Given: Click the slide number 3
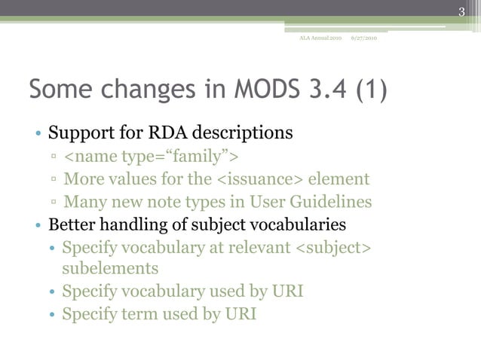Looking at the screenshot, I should coord(462,10).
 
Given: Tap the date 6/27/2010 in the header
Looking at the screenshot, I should coord(364,38).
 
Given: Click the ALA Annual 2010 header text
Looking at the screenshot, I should coord(320,38).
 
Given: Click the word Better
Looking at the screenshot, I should coord(73,224).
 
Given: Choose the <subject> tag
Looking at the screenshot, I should coord(332,247).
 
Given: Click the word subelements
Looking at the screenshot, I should coord(109,268).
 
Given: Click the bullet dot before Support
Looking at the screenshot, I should coord(38,136).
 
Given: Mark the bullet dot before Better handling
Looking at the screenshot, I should coord(38,226).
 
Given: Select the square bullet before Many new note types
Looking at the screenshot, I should coord(54,203).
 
